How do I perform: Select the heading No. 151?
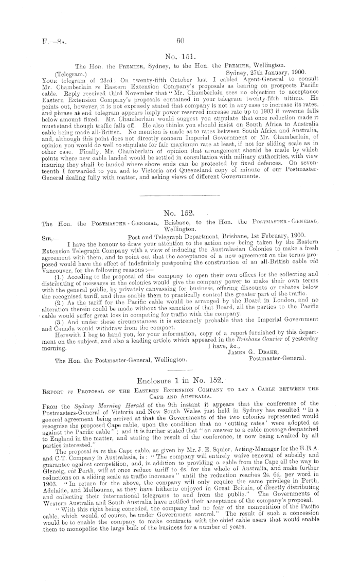[x=179, y=56]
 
